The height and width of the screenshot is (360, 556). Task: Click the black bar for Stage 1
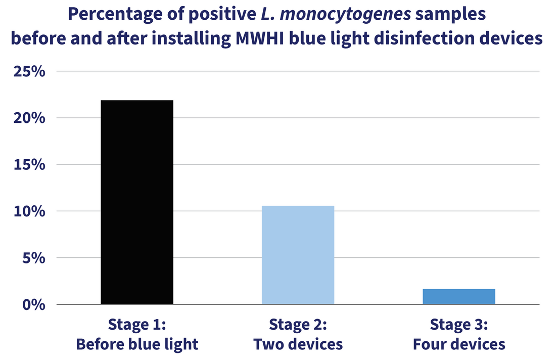137,202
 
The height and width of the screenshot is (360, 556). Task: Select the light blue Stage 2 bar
298,255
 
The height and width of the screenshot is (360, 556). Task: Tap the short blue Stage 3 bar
458,296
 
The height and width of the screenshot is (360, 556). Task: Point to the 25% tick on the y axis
30,71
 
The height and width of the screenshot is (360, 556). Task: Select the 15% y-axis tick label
30,165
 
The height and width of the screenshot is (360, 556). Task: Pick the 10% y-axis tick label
30,211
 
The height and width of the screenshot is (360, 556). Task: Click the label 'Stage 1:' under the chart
137,324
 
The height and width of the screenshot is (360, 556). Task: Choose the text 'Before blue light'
137,344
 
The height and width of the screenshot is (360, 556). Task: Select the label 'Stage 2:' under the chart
298,324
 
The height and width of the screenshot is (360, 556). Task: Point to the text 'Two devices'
298,344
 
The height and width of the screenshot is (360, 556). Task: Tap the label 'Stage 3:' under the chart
458,324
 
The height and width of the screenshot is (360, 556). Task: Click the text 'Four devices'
458,344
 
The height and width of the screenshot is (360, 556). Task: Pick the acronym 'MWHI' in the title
255,38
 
